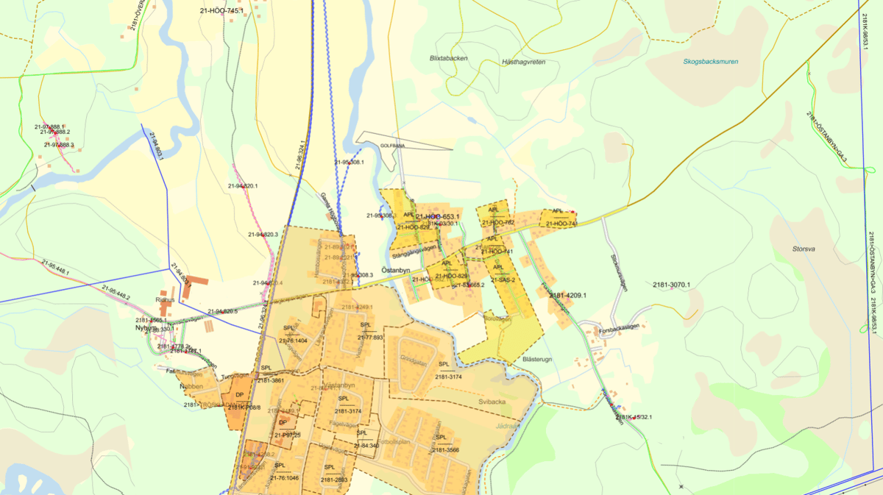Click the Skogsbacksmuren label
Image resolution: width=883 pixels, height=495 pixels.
pyautogui.click(x=710, y=62)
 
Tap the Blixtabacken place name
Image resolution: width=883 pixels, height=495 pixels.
pyautogui.click(x=448, y=57)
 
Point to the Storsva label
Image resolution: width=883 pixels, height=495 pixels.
pyautogui.click(x=804, y=249)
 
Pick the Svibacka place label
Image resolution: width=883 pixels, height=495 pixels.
pyautogui.click(x=490, y=402)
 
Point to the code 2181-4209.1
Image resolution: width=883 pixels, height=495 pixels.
pyautogui.click(x=567, y=296)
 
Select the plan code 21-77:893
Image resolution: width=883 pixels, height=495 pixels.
pyautogui.click(x=366, y=338)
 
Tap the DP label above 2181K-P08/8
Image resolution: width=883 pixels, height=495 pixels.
pyautogui.click(x=239, y=395)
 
